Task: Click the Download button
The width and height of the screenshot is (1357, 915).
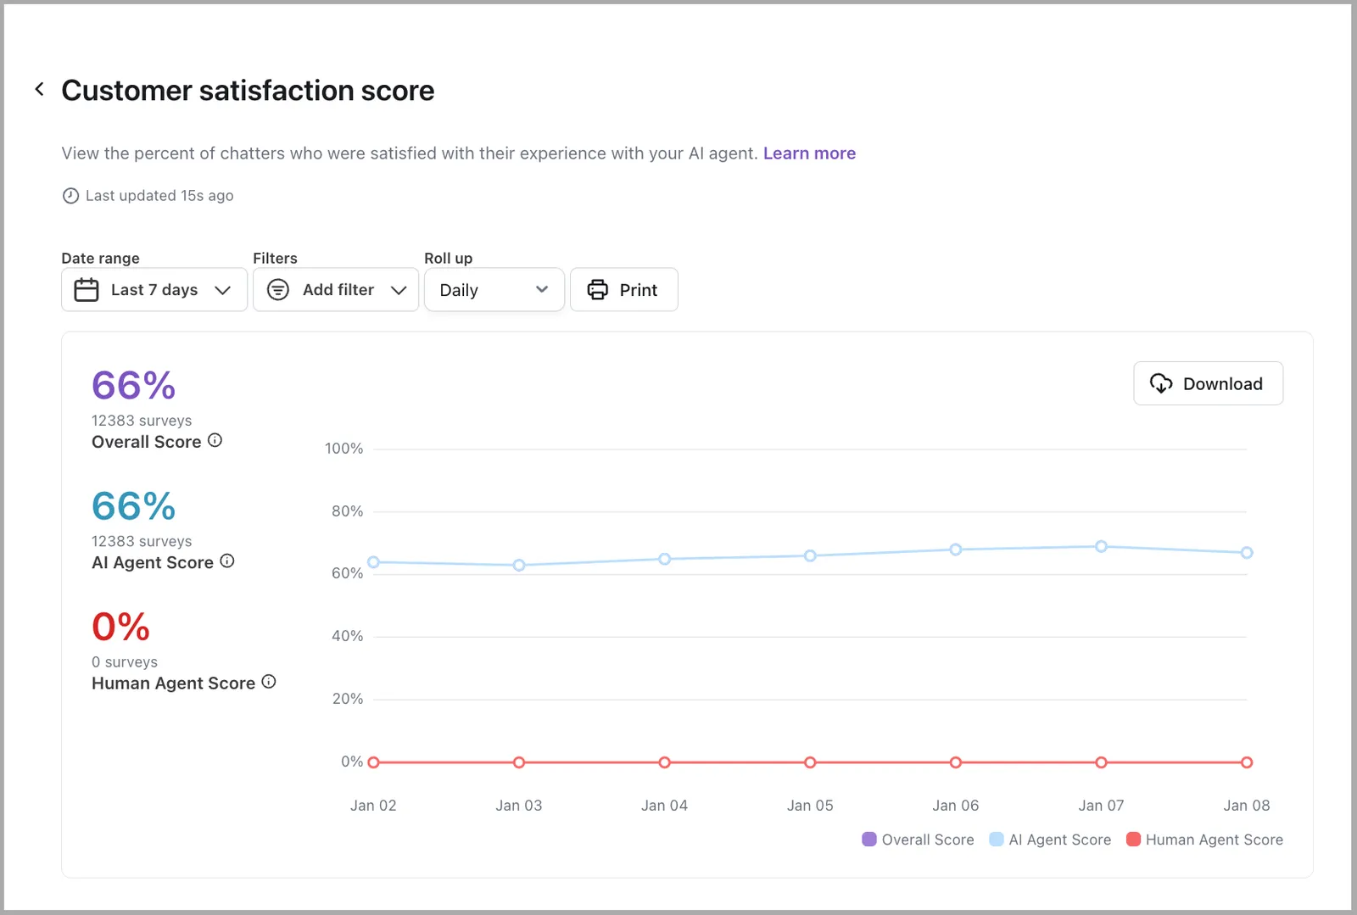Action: (1208, 383)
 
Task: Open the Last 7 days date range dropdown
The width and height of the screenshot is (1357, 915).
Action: (154, 289)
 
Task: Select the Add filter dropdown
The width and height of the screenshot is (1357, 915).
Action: (336, 289)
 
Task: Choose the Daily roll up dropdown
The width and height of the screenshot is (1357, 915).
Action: (494, 289)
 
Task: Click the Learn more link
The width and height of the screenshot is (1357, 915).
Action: (809, 153)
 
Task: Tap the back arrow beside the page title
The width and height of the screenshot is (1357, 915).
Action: (39, 90)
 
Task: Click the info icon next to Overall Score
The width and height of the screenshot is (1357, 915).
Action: (215, 440)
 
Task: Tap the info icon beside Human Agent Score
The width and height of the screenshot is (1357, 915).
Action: (269, 682)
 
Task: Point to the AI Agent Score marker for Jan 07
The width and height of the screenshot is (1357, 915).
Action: (1102, 546)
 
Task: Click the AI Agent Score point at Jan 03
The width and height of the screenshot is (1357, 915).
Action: (519, 565)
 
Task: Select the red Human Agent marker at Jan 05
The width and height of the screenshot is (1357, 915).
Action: (810, 762)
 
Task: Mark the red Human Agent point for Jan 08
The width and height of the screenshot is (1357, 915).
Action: (1247, 762)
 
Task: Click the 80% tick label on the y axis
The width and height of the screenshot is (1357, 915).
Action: (347, 511)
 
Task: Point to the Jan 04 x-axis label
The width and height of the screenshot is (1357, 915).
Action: (665, 806)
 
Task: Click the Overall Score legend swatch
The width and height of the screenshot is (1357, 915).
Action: (869, 840)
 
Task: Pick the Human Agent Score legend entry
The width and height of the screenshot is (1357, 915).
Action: (1205, 840)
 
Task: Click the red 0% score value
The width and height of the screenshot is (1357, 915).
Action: (120, 626)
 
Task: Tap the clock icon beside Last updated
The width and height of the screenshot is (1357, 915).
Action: (71, 196)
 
